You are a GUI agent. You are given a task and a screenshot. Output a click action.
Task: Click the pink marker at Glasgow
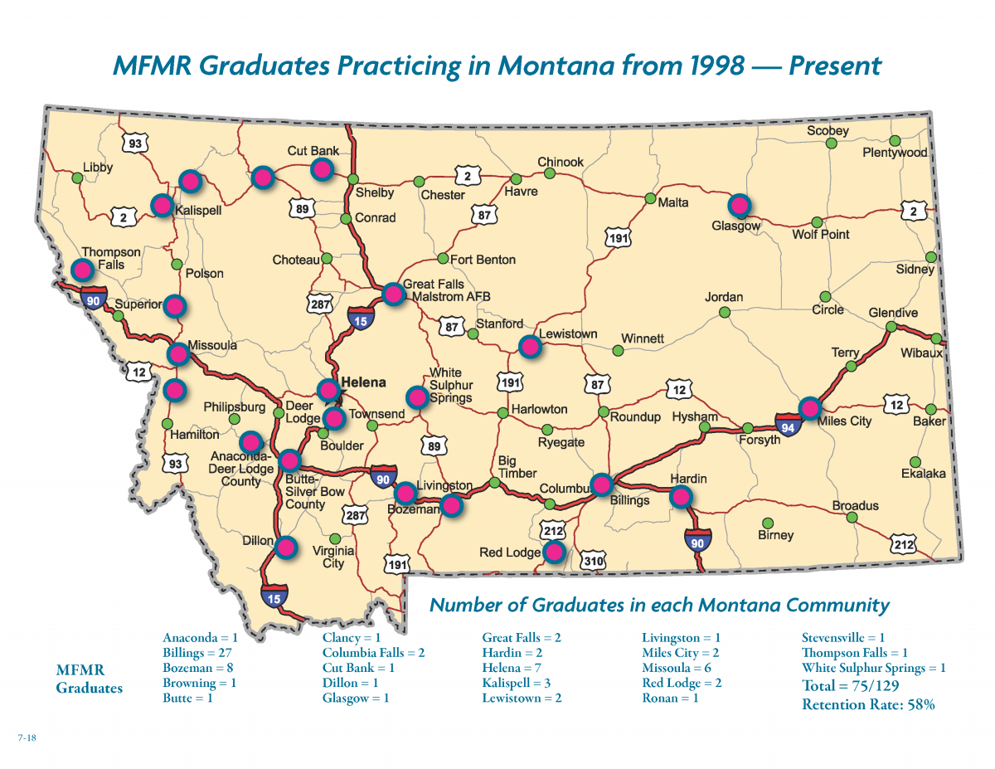(x=739, y=205)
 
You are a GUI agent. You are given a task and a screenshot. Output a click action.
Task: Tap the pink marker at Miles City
(x=810, y=407)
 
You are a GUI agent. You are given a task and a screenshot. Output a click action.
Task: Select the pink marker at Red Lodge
(x=554, y=551)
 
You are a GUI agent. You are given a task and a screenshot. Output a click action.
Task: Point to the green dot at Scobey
(x=831, y=144)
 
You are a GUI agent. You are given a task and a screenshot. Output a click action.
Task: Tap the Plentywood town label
(x=895, y=153)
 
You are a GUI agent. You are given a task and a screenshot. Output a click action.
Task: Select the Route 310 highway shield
(x=593, y=561)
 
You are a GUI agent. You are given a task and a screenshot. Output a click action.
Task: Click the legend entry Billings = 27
(x=196, y=653)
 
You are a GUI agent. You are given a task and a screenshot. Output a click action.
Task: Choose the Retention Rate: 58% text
(x=868, y=705)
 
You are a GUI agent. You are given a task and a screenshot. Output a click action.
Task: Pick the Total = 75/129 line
(x=851, y=686)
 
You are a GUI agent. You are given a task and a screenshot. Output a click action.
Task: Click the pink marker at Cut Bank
(x=322, y=169)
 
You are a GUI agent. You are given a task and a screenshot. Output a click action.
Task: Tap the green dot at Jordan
(x=724, y=313)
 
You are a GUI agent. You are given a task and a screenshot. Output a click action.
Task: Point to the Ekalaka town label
(x=924, y=474)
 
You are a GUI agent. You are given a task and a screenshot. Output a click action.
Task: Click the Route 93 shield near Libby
(x=133, y=144)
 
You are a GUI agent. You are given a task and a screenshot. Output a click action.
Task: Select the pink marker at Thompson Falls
(x=82, y=269)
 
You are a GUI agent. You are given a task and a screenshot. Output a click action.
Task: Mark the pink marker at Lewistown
(x=528, y=346)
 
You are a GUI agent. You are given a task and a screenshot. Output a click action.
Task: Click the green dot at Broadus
(x=852, y=518)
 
